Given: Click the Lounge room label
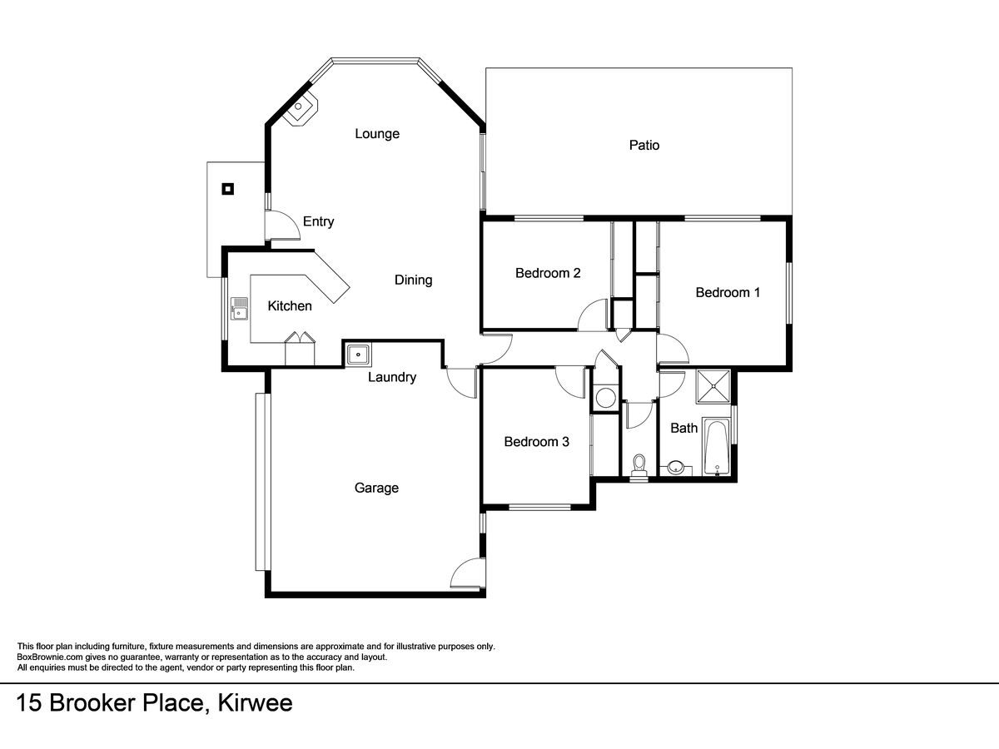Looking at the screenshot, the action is point(377,134).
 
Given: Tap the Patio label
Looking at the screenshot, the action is point(644,145).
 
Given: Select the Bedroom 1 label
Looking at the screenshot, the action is point(728,292).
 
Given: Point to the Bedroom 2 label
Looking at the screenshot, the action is point(548,273).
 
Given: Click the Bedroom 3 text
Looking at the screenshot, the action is point(536,442).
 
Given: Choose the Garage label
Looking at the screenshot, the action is point(376,488).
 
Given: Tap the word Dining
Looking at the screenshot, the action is point(413,280).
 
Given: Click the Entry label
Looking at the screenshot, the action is point(318,221).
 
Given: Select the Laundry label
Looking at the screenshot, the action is point(392,377).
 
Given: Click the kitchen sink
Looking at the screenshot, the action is point(239,309).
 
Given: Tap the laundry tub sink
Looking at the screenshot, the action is point(359,355).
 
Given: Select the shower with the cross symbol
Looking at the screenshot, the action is point(713,386).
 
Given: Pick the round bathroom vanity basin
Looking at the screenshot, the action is point(676,467).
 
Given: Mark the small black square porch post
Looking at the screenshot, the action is point(227,189).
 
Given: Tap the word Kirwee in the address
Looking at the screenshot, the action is point(255,703).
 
